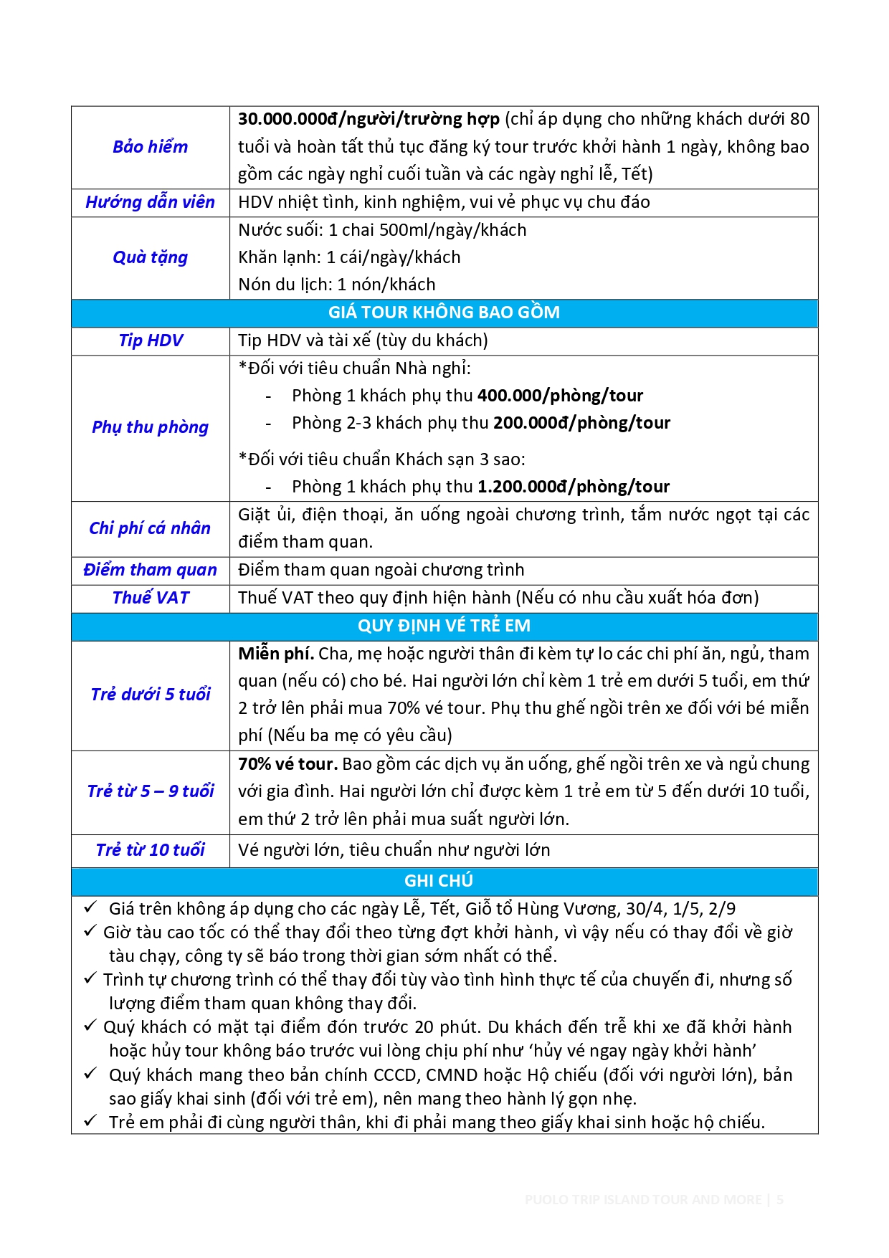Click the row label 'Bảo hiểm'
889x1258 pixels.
click(150, 147)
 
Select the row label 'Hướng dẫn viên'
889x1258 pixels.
click(150, 202)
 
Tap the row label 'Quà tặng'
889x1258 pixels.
click(150, 257)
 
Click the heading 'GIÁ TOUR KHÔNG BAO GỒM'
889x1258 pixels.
click(444, 313)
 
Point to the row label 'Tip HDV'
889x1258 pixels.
click(150, 340)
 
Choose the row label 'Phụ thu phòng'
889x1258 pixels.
click(150, 427)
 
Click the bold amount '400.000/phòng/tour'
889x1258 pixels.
click(560, 396)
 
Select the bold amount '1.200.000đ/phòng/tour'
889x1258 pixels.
click(574, 487)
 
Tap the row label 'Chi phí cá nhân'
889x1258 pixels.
click(150, 528)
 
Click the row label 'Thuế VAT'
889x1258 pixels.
click(150, 598)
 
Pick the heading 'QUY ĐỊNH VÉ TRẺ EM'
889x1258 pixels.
click(444, 626)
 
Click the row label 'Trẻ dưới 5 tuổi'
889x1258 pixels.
click(150, 695)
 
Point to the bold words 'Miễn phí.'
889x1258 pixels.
click(275, 654)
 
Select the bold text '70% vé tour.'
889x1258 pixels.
click(287, 764)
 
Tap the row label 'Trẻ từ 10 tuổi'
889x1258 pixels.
click(150, 850)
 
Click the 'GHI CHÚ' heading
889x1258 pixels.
click(439, 881)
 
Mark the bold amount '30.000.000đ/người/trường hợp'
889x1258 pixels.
click(369, 119)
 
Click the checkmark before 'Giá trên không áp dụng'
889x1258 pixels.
click(90, 907)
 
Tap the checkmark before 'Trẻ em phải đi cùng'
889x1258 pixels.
click(90, 1121)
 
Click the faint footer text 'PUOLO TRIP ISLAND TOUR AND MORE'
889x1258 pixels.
click(643, 1200)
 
